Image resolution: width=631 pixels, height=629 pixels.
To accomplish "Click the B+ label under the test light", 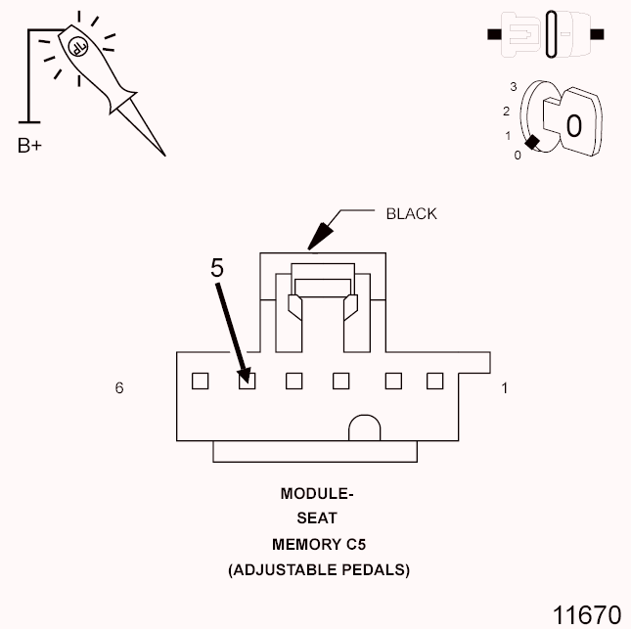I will pyautogui.click(x=29, y=147).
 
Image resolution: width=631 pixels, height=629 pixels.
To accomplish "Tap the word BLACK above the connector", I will pyautogui.click(x=411, y=213).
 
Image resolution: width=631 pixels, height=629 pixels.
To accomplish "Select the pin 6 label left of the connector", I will pyautogui.click(x=119, y=388).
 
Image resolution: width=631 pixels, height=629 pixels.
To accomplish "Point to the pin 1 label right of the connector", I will pyautogui.click(x=505, y=388).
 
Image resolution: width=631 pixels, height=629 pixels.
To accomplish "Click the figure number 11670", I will pyautogui.click(x=586, y=614).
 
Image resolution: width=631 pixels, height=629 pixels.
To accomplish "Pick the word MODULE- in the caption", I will pyautogui.click(x=316, y=493).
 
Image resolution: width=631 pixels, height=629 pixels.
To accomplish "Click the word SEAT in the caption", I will pyautogui.click(x=316, y=518).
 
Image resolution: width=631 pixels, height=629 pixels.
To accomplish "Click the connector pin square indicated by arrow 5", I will pyautogui.click(x=247, y=382).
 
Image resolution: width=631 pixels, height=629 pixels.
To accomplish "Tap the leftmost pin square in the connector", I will pyautogui.click(x=200, y=382).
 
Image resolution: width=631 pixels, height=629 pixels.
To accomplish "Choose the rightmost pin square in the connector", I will pyautogui.click(x=434, y=382).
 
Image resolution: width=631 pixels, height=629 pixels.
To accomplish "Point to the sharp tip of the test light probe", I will pyautogui.click(x=163, y=154).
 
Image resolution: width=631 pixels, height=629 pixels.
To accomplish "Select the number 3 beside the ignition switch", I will pyautogui.click(x=513, y=87).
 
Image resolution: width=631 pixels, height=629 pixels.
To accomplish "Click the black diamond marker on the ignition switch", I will pyautogui.click(x=532, y=144).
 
